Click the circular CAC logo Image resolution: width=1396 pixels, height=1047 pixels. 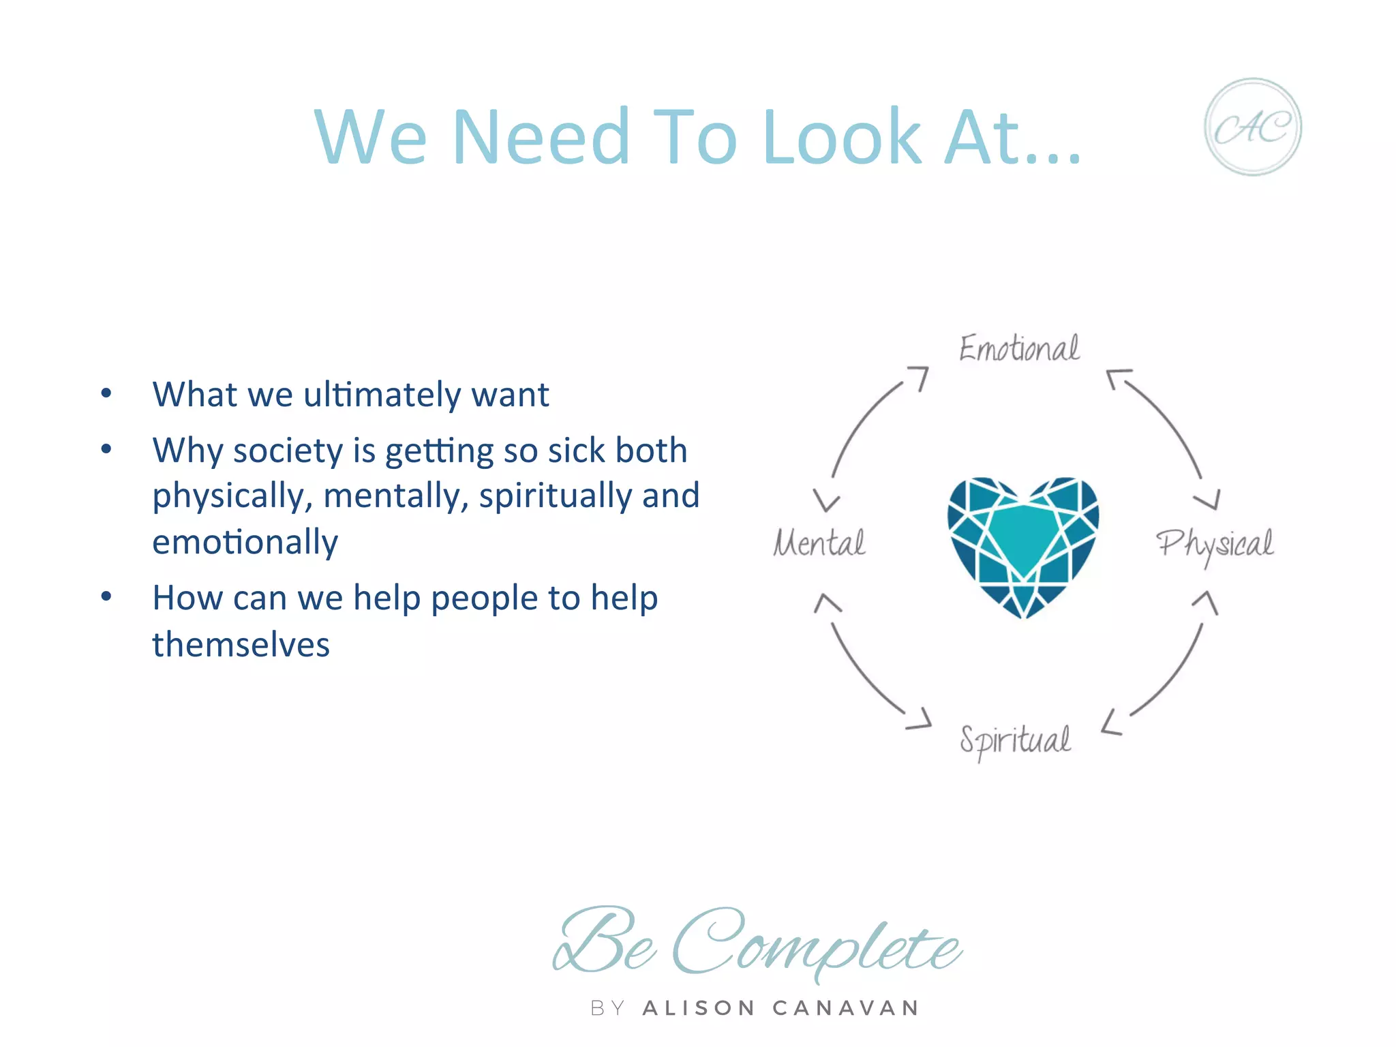[1252, 127]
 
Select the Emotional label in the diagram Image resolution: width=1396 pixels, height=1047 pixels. [1019, 348]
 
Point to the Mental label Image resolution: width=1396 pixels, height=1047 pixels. [819, 543]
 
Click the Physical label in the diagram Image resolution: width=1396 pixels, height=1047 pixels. [1215, 545]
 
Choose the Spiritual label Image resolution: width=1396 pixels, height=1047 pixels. [1015, 740]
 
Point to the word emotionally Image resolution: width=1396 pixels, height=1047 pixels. [245, 543]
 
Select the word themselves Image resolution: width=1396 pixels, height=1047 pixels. [241, 645]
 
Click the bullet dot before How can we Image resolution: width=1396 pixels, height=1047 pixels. [106, 597]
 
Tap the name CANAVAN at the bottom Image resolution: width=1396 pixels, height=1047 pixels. [846, 1008]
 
